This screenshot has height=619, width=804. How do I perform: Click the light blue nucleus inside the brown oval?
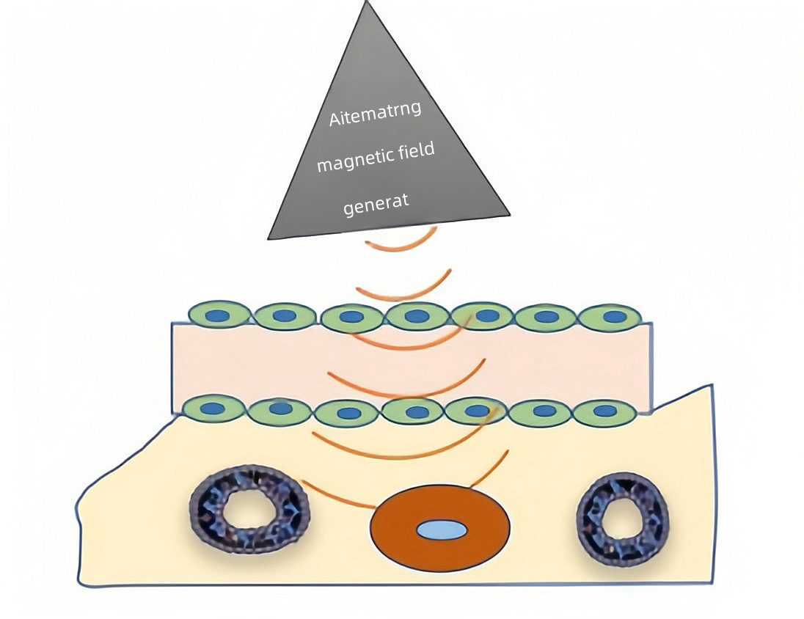coord(442,530)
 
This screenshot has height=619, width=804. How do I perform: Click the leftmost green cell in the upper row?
coord(219,315)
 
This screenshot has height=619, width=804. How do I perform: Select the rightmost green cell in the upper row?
coord(610,317)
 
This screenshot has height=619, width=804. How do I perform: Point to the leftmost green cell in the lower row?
coord(212,408)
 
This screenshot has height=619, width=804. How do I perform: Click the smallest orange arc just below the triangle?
coord(402,243)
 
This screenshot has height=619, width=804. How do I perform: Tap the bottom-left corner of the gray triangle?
coord(269,238)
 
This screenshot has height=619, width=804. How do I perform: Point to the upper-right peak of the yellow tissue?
coord(709,386)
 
